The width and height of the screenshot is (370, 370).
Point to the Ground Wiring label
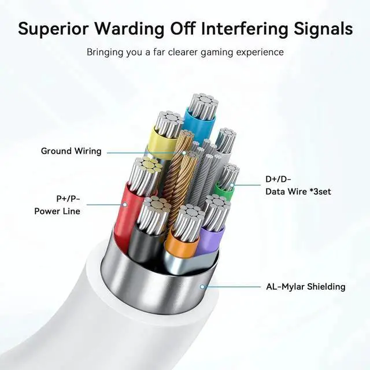(71, 151)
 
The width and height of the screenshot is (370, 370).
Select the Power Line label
(57, 212)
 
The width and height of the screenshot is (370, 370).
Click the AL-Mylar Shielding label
(306, 287)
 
